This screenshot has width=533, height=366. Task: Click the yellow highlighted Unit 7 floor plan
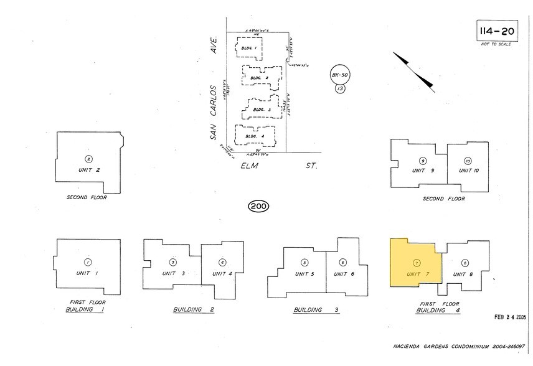pyautogui.click(x=413, y=264)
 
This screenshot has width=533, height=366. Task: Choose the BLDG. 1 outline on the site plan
pyautogui.click(x=249, y=48)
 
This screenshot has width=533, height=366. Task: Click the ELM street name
pyautogui.click(x=250, y=166)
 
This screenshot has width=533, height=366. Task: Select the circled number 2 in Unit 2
pyautogui.click(x=88, y=158)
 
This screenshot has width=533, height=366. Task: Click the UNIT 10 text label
pyautogui.click(x=469, y=171)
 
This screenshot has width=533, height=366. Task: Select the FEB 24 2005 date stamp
pyautogui.click(x=507, y=317)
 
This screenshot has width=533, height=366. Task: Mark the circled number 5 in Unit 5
pyautogui.click(x=304, y=262)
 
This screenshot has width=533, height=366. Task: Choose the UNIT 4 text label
pyautogui.click(x=222, y=273)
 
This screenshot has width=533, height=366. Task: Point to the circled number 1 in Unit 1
pyautogui.click(x=88, y=262)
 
